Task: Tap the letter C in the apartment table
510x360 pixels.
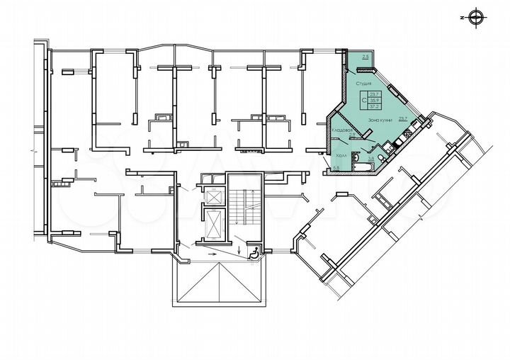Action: coord(364,101)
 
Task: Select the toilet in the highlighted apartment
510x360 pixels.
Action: coord(382,158)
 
